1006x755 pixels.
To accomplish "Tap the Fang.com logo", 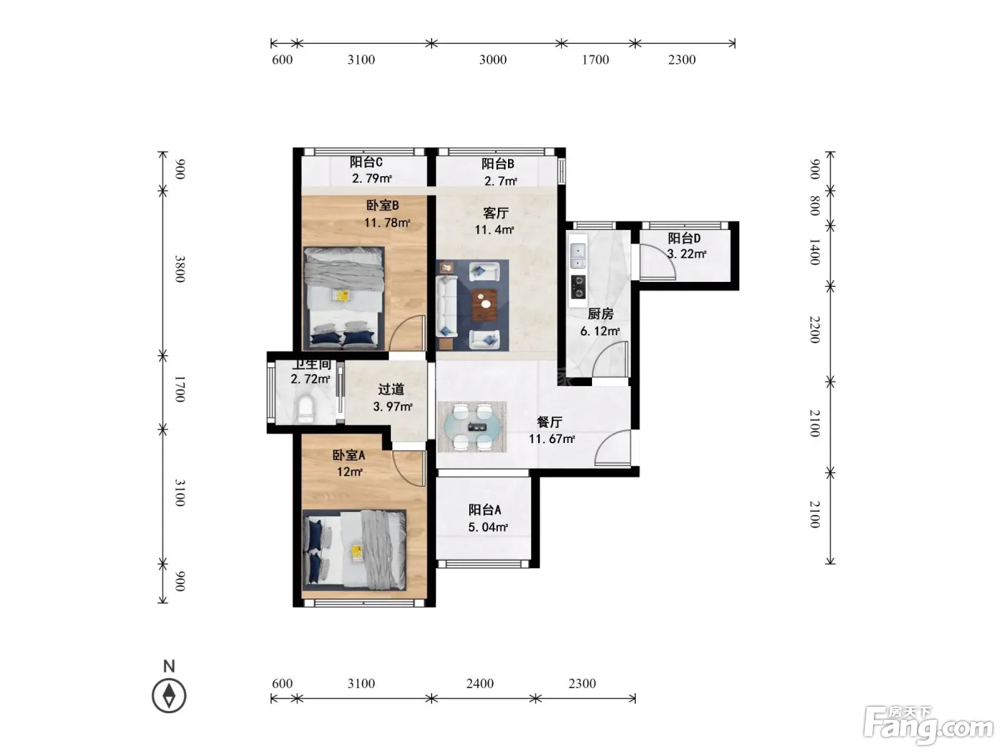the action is [x=928, y=726].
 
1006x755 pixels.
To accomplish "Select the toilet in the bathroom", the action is [x=305, y=409].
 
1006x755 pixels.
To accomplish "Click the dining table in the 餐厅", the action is [x=472, y=427].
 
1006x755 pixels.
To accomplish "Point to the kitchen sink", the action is [x=578, y=256].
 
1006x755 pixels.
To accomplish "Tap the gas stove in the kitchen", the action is [x=578, y=287].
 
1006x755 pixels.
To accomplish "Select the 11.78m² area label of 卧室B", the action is [x=387, y=223].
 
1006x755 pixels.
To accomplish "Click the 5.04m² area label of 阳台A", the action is [x=488, y=527].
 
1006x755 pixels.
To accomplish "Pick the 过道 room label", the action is [x=391, y=389].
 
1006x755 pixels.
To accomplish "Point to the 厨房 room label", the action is [x=601, y=314].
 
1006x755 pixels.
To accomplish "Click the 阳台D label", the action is [x=684, y=238].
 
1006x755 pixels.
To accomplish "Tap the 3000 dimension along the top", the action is [x=493, y=60].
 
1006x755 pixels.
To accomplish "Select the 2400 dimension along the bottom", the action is [x=480, y=684].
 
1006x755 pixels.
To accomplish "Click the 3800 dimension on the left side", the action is [x=180, y=269].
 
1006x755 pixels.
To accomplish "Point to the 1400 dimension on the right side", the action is [x=814, y=252].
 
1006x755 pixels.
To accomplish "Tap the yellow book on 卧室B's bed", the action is [x=341, y=296].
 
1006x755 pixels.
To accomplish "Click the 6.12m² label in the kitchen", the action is [x=600, y=331].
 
